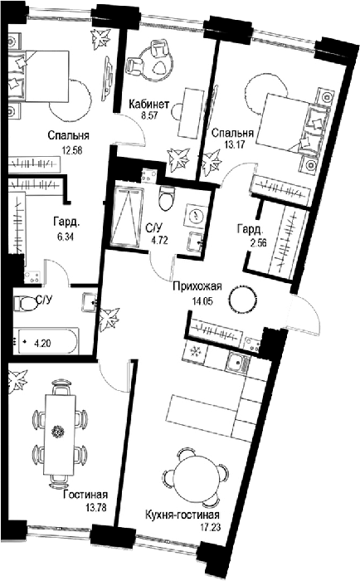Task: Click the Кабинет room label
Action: coord(148,104)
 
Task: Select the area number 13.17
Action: coord(234,144)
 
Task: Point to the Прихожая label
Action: coord(197,286)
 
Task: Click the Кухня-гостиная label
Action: coord(182,515)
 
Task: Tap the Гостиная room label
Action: coord(85,495)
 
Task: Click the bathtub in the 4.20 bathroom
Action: coord(45,340)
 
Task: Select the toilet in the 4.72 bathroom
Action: coord(166,198)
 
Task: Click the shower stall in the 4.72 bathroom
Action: coord(128,217)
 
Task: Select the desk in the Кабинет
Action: coord(191,113)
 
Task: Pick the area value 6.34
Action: coord(65,236)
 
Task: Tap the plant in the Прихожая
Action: coord(110,318)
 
